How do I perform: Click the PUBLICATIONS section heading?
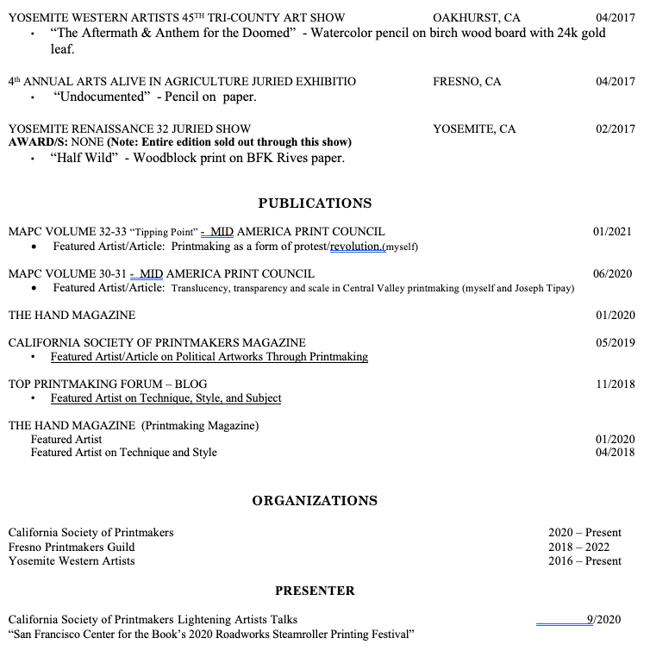[315, 203]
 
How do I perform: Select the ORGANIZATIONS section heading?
[315, 500]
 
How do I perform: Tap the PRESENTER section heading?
[315, 591]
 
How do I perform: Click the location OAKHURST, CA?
[476, 17]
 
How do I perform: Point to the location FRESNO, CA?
[466, 82]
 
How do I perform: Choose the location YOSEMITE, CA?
[474, 129]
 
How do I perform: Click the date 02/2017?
[615, 129]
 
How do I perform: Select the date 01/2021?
[612, 231]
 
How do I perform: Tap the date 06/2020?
[612, 274]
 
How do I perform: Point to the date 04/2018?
[615, 452]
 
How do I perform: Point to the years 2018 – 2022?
[584, 547]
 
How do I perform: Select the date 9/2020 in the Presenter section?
[603, 619]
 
